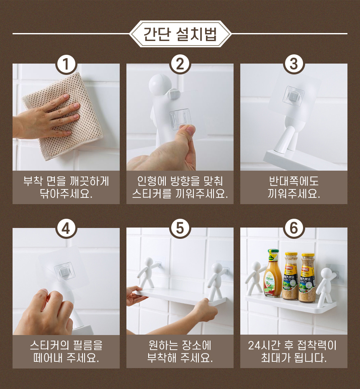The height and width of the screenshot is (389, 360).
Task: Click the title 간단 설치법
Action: point(180,34)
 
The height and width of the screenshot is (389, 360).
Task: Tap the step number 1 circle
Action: point(66,64)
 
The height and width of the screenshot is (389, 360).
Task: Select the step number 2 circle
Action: point(180,64)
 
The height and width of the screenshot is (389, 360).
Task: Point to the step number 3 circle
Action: point(294,64)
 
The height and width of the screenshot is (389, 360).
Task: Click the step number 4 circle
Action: point(66,228)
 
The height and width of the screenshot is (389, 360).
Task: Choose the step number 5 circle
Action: point(180,228)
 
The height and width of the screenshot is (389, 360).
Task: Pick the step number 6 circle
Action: point(294,228)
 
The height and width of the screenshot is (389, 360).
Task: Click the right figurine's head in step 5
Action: point(217,268)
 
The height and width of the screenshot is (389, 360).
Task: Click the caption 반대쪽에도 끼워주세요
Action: point(294,187)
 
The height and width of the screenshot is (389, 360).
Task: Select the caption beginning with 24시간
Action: point(294,351)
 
